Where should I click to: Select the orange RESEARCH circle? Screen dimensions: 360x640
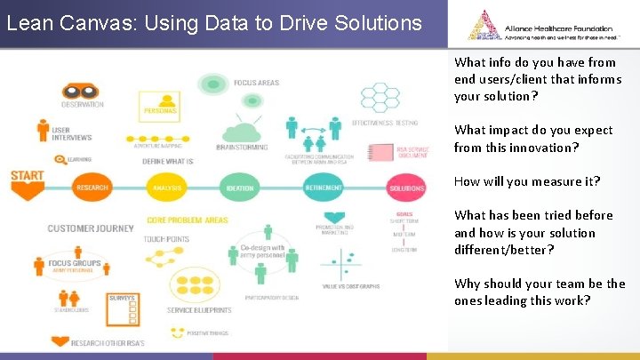coord(92,187)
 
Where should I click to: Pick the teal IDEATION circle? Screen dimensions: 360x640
coord(240,187)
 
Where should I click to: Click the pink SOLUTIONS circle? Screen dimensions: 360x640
coord(406,188)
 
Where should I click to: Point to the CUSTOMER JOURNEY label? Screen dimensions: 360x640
coord(91,228)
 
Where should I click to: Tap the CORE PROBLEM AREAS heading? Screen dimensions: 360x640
coord(188,220)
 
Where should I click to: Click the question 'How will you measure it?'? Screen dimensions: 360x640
coord(527,181)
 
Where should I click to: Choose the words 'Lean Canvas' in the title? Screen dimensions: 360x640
coord(58,22)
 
